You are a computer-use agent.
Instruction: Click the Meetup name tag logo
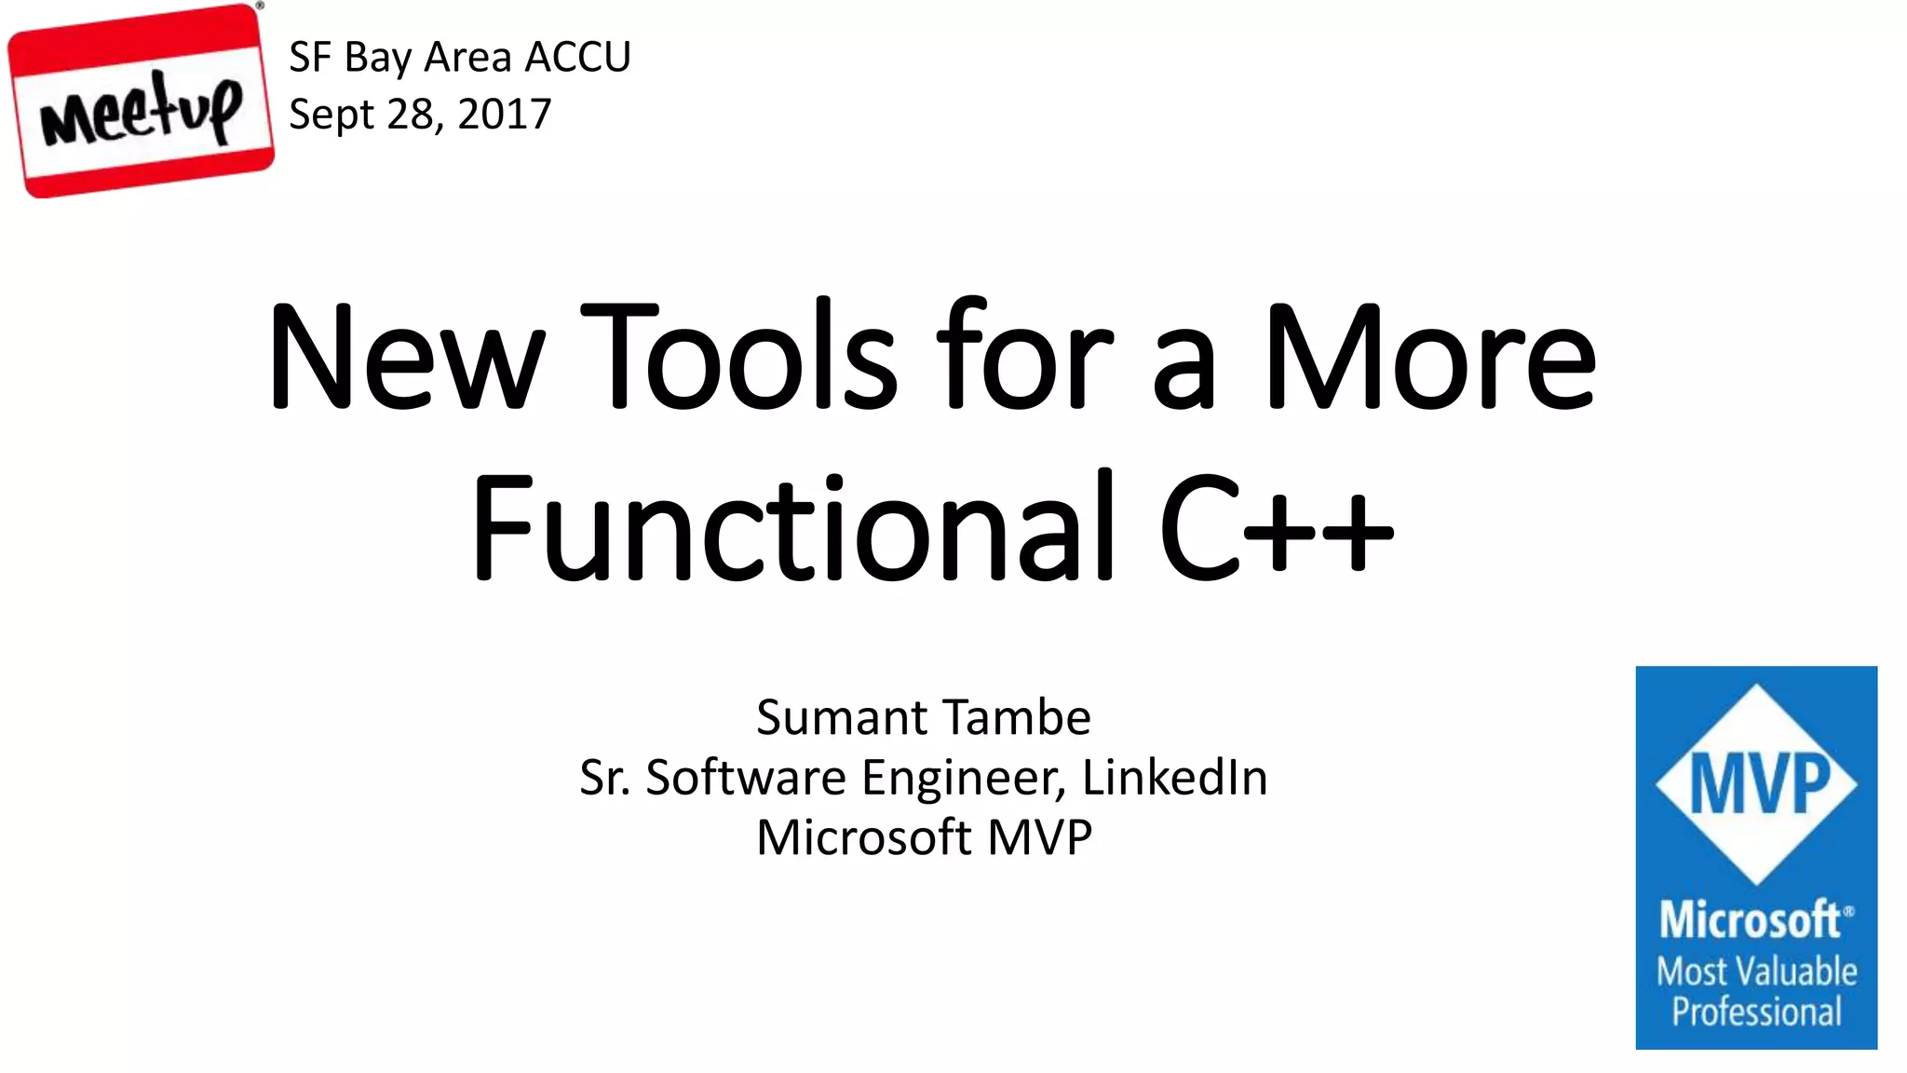pyautogui.click(x=141, y=101)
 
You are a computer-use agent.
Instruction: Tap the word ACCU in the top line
pyautogui.click(x=577, y=58)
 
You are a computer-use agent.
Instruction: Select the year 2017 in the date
pyautogui.click(x=505, y=115)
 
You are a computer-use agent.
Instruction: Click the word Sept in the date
pyautogui.click(x=331, y=115)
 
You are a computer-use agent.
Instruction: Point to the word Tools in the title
pyautogui.click(x=739, y=358)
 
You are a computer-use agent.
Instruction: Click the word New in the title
pyautogui.click(x=406, y=358)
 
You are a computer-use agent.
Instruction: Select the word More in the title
pyautogui.click(x=1430, y=358)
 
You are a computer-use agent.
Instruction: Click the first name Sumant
pyautogui.click(x=842, y=718)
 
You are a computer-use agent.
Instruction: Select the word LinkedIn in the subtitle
pyautogui.click(x=1174, y=778)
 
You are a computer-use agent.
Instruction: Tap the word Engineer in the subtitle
pyautogui.click(x=963, y=778)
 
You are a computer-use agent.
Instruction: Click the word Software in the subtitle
pyautogui.click(x=745, y=778)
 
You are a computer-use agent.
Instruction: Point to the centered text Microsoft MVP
pyautogui.click(x=924, y=837)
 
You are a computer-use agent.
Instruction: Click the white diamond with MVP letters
pyautogui.click(x=1756, y=784)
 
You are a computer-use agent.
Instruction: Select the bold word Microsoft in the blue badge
pyautogui.click(x=1751, y=920)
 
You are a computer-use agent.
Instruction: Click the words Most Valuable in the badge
pyautogui.click(x=1756, y=971)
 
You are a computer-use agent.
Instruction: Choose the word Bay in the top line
pyautogui.click(x=378, y=58)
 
